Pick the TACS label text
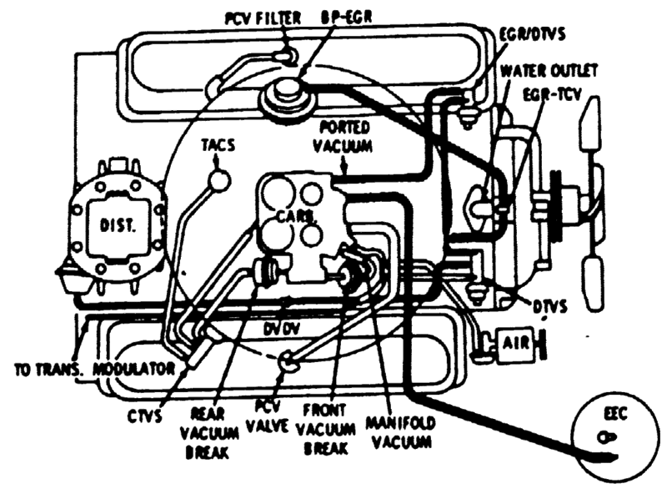click(x=218, y=143)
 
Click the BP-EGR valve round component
click(x=284, y=94)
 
